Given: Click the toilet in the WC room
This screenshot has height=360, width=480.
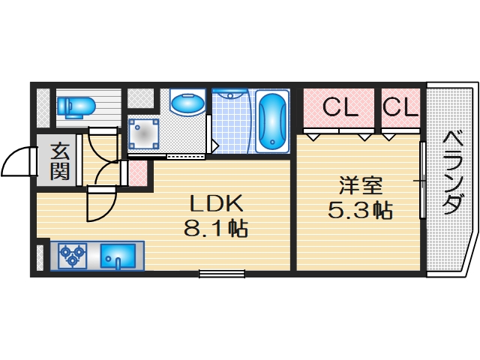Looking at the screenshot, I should [x=75, y=107].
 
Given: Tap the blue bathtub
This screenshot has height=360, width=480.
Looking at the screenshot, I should [x=271, y=121].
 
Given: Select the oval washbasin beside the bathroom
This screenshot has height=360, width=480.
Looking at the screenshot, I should [x=187, y=103].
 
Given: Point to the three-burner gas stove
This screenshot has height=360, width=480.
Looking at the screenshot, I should [x=73, y=255].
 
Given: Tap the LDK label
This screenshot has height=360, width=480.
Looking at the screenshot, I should [x=215, y=203].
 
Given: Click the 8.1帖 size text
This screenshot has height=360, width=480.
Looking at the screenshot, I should [x=217, y=226].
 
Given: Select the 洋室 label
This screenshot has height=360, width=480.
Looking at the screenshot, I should [x=358, y=184].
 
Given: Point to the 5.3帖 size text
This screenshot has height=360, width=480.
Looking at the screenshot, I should [x=360, y=210].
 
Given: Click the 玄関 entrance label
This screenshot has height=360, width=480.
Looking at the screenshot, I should [x=60, y=162].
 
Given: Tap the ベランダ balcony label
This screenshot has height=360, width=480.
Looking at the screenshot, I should [x=451, y=172].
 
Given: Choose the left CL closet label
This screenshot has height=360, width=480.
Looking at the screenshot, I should [x=340, y=108].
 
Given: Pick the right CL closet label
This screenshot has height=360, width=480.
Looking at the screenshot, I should [x=400, y=108].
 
